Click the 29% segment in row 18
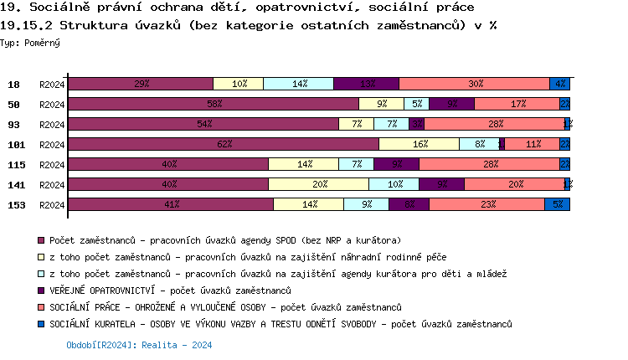[141, 84]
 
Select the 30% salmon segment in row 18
[475, 84]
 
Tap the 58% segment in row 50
[214, 104]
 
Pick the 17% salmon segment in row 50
[517, 104]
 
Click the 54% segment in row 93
[203, 124]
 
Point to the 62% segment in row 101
[224, 144]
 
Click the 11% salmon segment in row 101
[533, 144]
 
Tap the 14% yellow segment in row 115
[304, 164]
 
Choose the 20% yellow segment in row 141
[319, 184]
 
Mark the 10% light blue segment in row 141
[394, 184]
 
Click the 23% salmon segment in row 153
[487, 204]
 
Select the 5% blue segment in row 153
[558, 204]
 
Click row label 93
[14, 124]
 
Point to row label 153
[14, 204]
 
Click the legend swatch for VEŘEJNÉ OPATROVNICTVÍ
[42, 291]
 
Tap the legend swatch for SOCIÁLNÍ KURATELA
[42, 324]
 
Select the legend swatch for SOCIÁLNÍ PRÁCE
[42, 307]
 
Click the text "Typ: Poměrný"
[30, 42]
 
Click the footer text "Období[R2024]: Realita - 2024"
[139, 345]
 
